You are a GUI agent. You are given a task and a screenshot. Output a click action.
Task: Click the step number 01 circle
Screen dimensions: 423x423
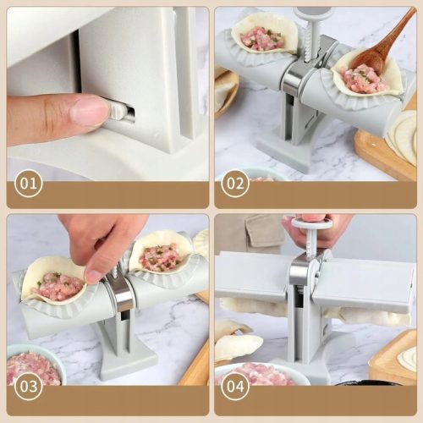pyautogui.click(x=29, y=184)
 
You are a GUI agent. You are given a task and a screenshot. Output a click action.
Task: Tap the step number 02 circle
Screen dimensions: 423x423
pyautogui.click(x=235, y=184)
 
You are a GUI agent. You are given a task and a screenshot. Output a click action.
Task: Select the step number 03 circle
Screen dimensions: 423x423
pyautogui.click(x=29, y=386)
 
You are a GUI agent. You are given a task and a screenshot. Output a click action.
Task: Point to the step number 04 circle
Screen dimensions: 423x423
pyautogui.click(x=235, y=386)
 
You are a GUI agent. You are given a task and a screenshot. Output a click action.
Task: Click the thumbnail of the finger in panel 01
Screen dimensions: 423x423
pyautogui.click(x=88, y=110)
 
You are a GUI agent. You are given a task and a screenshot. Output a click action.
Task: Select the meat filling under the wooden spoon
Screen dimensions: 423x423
pyautogui.click(x=363, y=79)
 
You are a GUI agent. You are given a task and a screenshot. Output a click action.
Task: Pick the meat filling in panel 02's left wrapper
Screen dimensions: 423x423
pyautogui.click(x=261, y=39)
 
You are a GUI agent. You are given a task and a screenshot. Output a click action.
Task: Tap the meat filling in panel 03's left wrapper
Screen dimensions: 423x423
pyautogui.click(x=57, y=285)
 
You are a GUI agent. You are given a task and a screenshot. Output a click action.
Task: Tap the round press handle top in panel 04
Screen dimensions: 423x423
pyautogui.click(x=312, y=224)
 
